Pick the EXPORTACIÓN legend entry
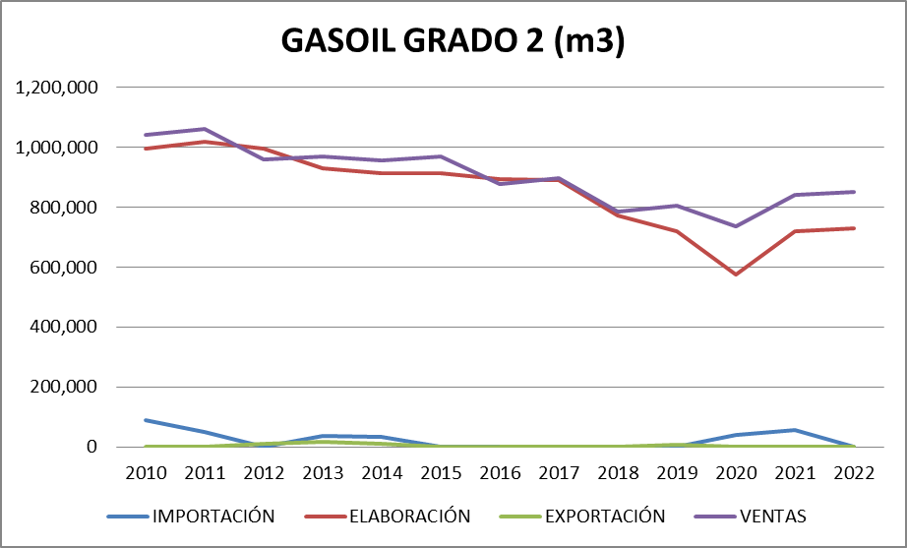point(604,516)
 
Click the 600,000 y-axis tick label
point(64,268)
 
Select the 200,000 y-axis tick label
point(64,387)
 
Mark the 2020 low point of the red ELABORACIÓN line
point(735,274)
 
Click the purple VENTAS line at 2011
point(205,129)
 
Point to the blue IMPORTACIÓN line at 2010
point(146,420)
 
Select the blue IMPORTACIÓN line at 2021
point(793,430)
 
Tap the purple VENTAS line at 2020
point(735,226)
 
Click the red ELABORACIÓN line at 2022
point(852,228)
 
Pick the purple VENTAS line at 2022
point(852,192)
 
